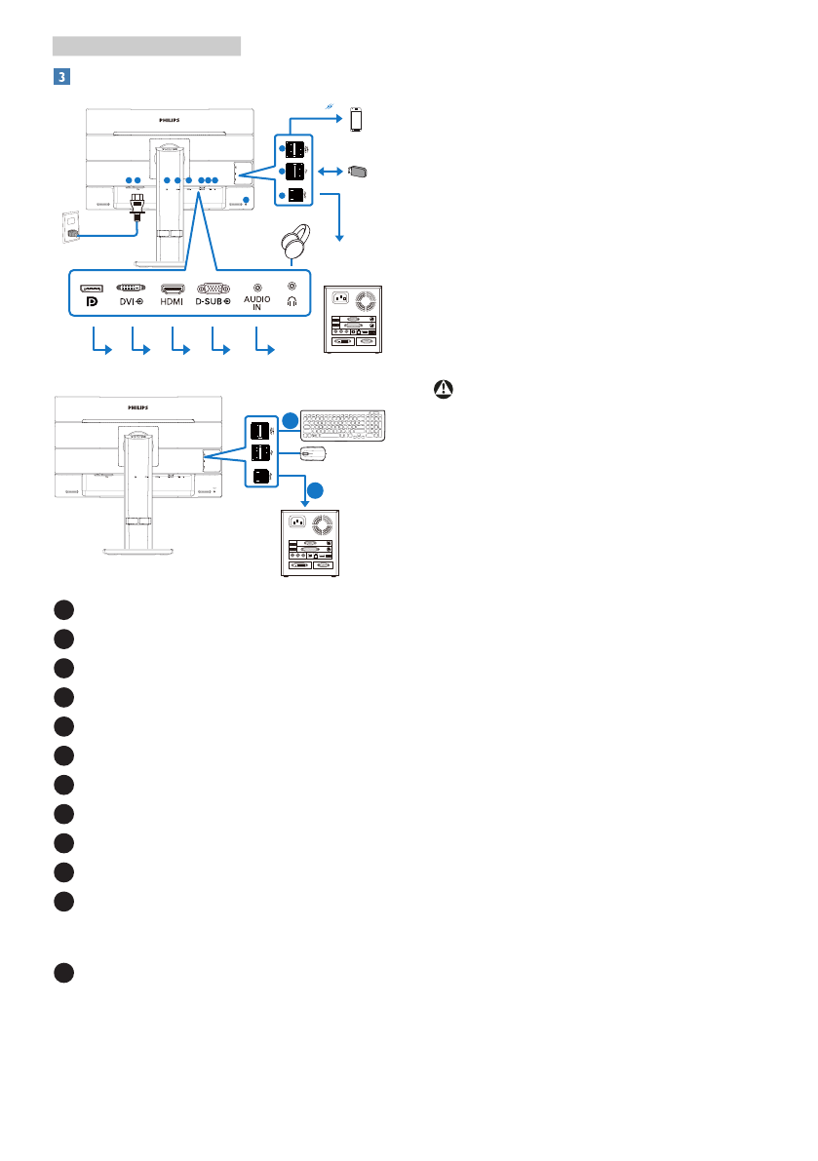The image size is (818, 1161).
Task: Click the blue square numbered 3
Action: (x=60, y=76)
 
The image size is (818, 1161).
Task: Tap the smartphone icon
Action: (x=356, y=120)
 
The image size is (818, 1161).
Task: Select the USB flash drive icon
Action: (x=357, y=172)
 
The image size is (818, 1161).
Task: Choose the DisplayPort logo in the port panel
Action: (x=93, y=302)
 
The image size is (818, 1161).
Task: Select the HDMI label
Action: (x=173, y=302)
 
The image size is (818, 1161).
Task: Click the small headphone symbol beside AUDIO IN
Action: (x=291, y=301)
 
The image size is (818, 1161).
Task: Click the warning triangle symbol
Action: (x=444, y=387)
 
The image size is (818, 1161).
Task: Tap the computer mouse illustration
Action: (x=314, y=453)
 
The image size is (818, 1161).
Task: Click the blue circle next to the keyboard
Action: (x=292, y=421)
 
